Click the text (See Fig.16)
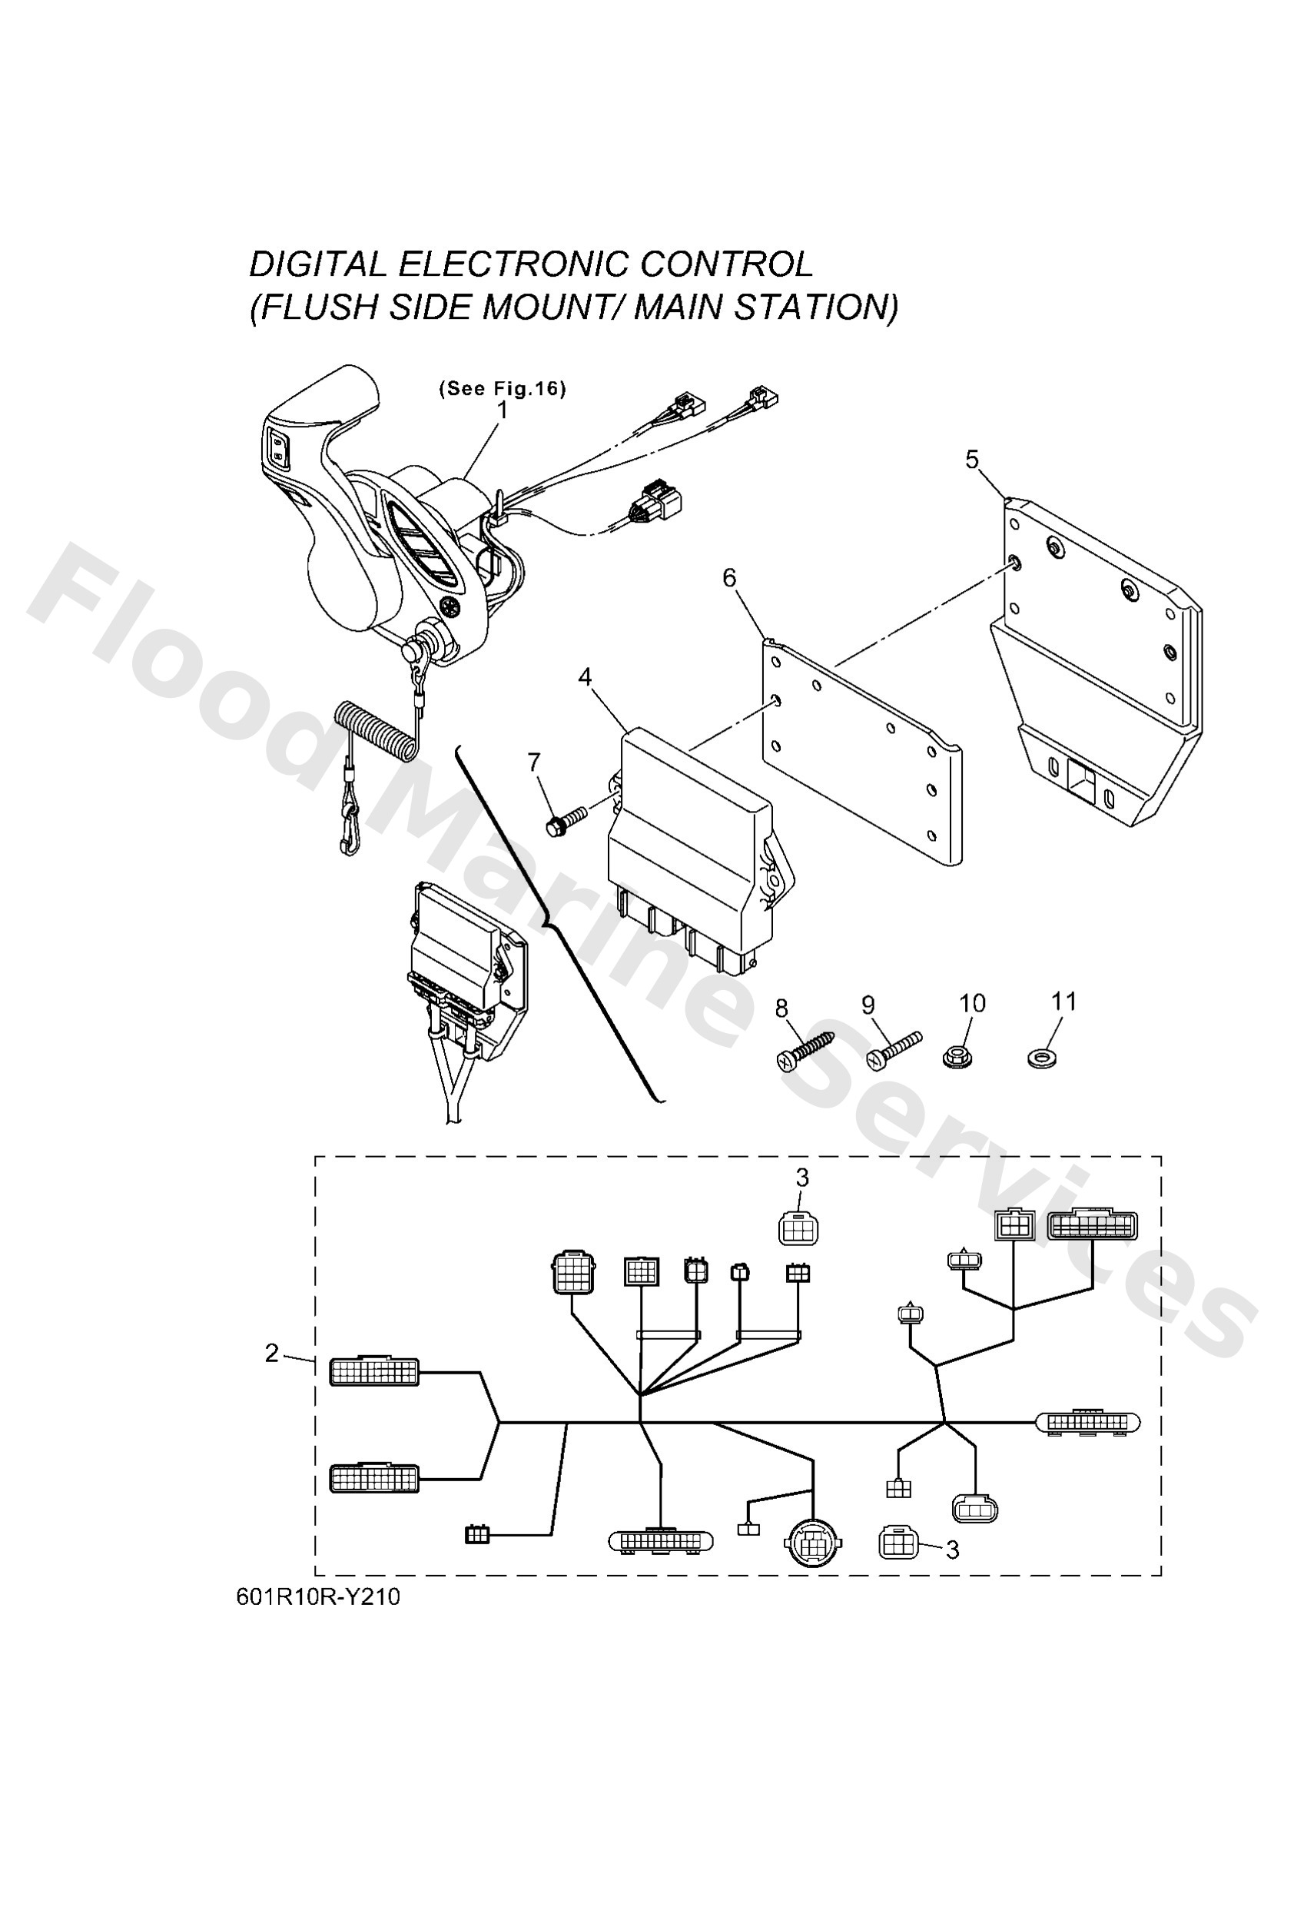(x=503, y=388)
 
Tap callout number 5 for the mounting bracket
(x=971, y=460)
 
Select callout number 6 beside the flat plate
(x=728, y=578)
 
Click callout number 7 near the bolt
(x=534, y=762)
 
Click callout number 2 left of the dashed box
(x=271, y=1352)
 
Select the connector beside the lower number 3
(x=898, y=1543)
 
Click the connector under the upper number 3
(x=798, y=1228)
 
